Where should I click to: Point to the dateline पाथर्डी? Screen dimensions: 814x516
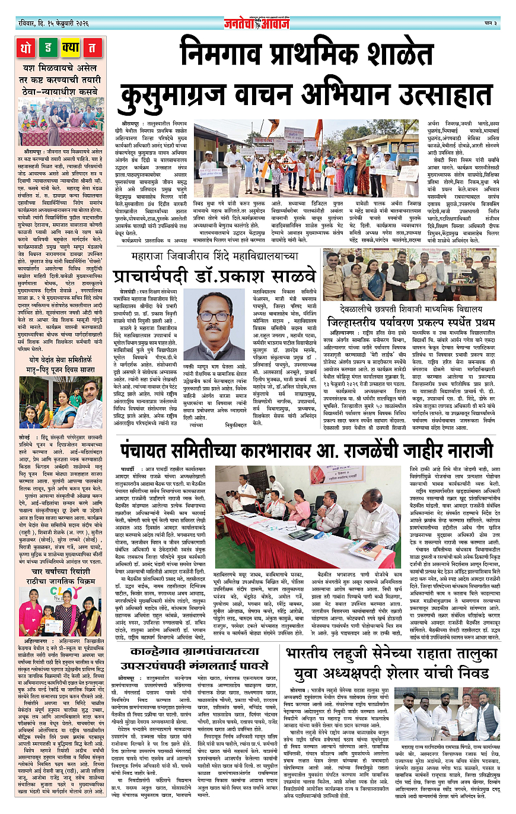tap(131, 474)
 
